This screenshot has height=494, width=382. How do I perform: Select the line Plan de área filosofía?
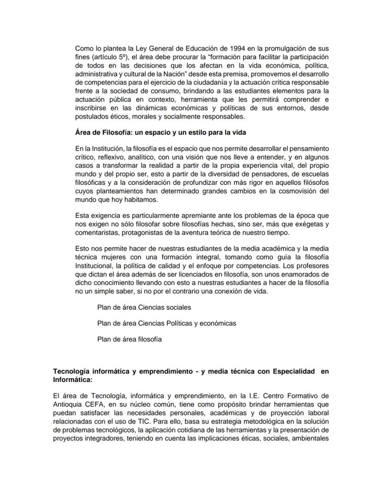tap(129, 339)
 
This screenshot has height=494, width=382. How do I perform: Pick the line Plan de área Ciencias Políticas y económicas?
tap(167, 323)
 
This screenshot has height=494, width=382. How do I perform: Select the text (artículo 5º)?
tap(110, 57)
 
